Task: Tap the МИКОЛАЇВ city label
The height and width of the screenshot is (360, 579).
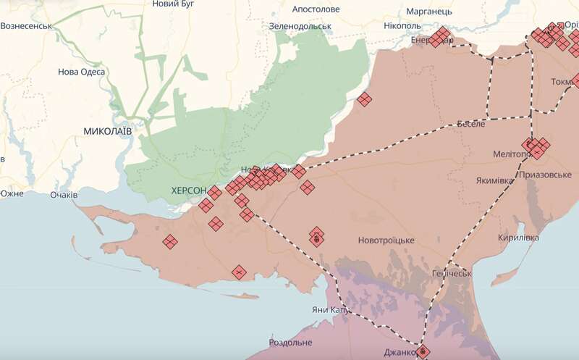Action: point(108,131)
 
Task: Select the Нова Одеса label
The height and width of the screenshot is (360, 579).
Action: point(82,72)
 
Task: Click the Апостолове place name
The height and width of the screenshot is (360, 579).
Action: point(316,9)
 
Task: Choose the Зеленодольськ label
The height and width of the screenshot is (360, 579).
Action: point(300,26)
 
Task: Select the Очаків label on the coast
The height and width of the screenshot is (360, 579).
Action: point(64,195)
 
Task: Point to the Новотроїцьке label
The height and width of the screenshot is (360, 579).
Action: point(386,240)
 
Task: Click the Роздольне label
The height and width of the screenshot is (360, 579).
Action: point(290,342)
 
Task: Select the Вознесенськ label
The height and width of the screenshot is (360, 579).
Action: point(26,26)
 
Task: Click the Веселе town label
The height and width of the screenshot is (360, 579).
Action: point(470,125)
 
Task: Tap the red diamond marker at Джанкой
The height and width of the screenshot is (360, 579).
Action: point(423,352)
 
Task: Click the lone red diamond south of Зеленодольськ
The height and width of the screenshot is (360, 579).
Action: point(365,99)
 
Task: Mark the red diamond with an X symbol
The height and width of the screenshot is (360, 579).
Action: point(238,272)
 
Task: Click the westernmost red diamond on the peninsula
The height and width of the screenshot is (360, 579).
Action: point(170,242)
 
